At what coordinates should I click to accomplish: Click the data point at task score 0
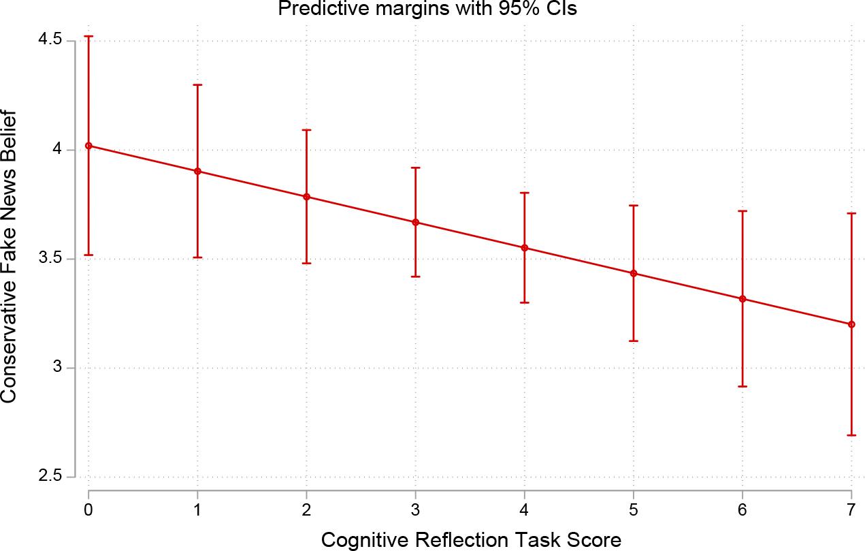pos(88,146)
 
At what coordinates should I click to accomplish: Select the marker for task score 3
pos(415,222)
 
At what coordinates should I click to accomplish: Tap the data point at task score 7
pos(851,324)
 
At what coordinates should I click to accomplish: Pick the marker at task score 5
pos(634,273)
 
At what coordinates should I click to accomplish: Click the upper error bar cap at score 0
pos(88,36)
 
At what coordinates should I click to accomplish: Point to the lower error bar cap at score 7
pos(851,435)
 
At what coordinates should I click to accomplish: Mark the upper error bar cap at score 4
pos(525,193)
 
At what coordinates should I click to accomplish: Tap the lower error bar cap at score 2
pos(306,263)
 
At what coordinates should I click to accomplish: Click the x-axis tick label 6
pos(742,509)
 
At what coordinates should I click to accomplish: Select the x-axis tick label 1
pos(197,509)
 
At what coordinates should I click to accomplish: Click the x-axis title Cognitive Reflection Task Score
pos(470,540)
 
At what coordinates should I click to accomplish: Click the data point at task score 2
pos(306,197)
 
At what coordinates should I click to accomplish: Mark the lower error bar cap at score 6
pos(742,386)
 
